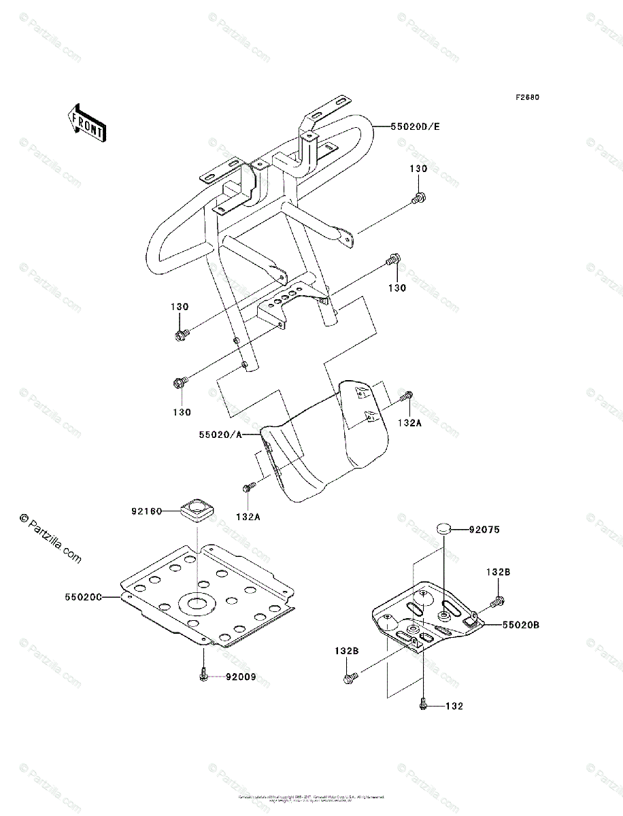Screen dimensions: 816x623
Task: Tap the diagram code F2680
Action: pyautogui.click(x=526, y=97)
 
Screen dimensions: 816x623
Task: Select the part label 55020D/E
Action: pyautogui.click(x=415, y=126)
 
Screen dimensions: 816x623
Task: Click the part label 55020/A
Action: pyautogui.click(x=220, y=433)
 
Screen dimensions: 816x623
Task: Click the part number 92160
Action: pyautogui.click(x=146, y=511)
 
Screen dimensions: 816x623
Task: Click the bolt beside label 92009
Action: pyautogui.click(x=203, y=674)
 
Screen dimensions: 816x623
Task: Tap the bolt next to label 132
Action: pyautogui.click(x=423, y=706)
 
